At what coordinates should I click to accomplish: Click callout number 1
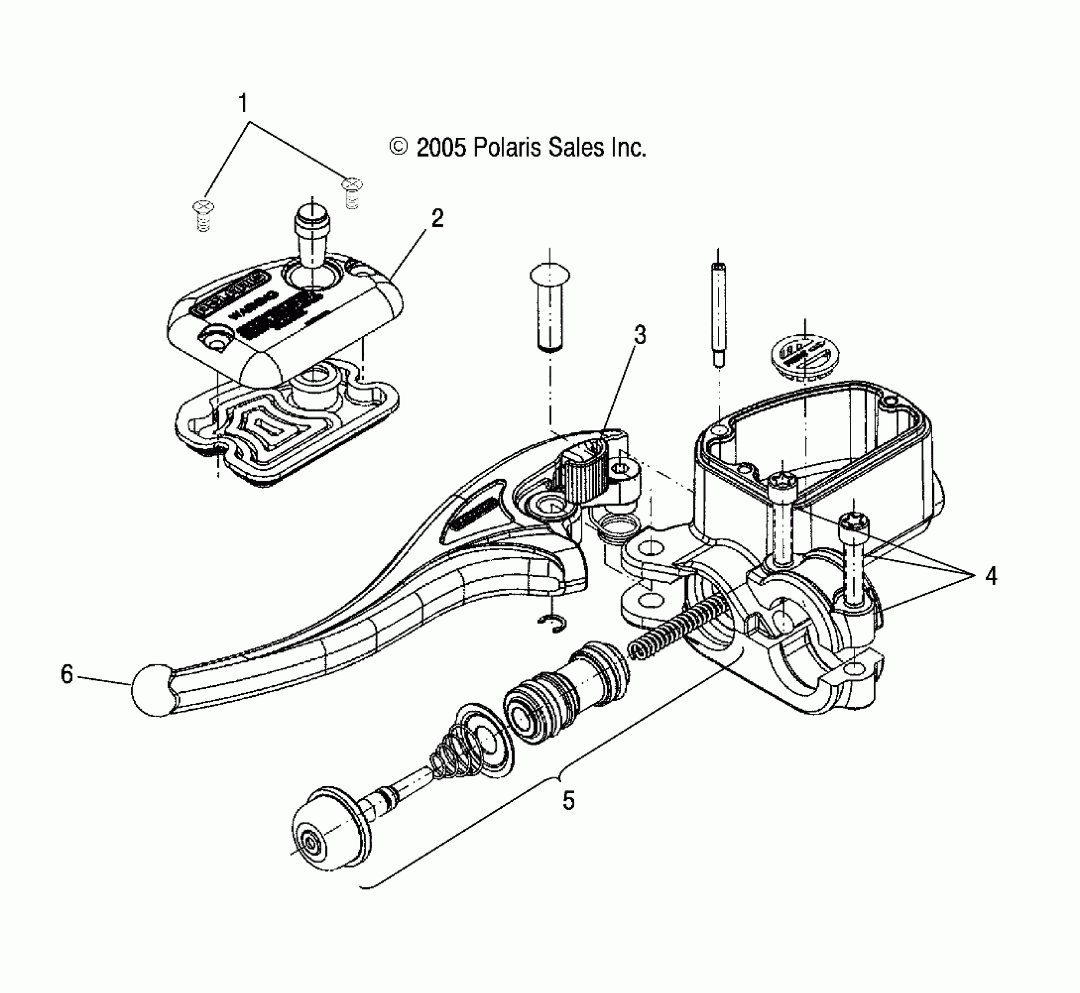(x=242, y=104)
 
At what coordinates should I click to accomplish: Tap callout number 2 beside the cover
(x=437, y=219)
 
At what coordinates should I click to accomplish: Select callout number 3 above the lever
(x=640, y=335)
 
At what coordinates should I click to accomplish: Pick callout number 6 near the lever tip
(x=67, y=675)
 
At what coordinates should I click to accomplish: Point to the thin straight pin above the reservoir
(x=718, y=315)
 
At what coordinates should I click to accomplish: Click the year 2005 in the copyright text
(x=441, y=148)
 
